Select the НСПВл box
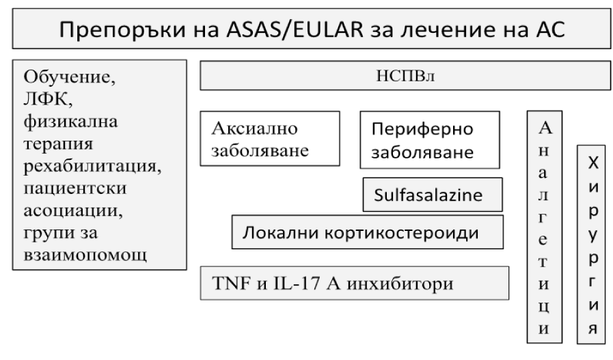pos(405,75)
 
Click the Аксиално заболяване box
pos(270,139)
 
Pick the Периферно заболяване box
pos(430,140)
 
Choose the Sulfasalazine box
pos(433,195)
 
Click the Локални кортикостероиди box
pos(368,232)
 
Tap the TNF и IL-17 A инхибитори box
pos(355,283)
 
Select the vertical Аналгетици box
pos(545,227)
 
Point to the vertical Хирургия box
pos(591,245)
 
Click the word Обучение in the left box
pos(70,77)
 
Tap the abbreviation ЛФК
pos(48,99)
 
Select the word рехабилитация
pos(93,167)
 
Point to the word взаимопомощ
pos(85,255)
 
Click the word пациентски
pos(75,189)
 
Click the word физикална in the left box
pos(70,122)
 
